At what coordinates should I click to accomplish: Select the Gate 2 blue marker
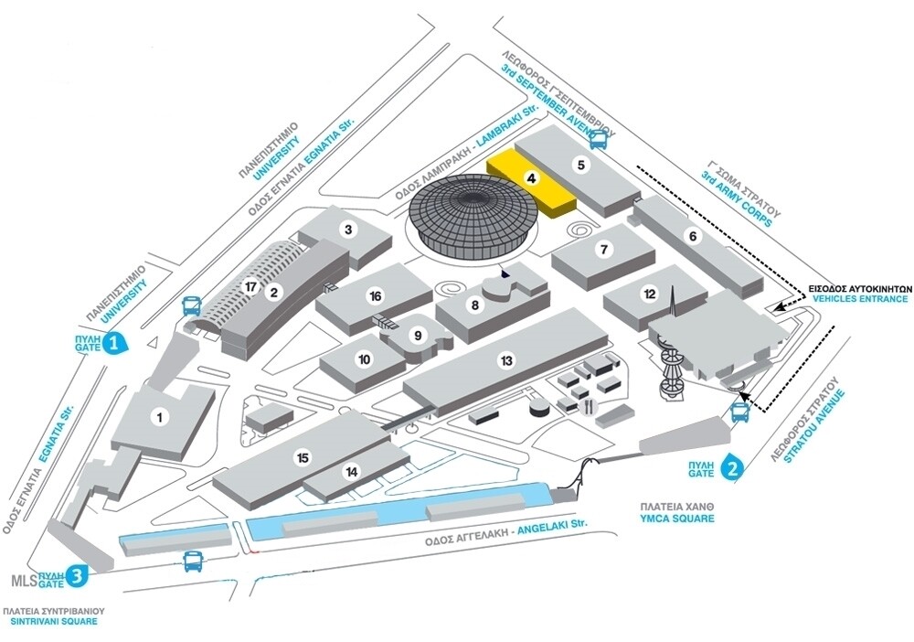coord(731,468)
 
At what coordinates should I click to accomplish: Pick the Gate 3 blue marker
coord(79,575)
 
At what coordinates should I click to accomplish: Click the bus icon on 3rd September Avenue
coord(599,139)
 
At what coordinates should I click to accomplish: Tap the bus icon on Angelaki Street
coord(193,562)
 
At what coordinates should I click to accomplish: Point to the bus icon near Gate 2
coord(741,412)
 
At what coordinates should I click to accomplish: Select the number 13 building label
coord(506,360)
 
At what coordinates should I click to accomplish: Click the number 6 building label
coord(693,236)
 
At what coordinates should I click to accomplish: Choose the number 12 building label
coord(650,294)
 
